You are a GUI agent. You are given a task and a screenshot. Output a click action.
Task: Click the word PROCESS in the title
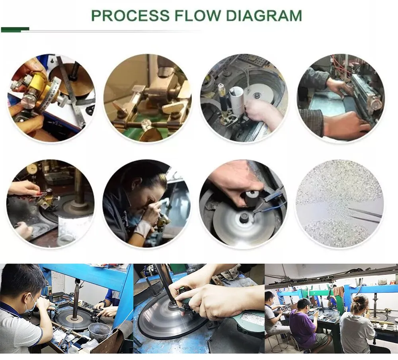click(131, 16)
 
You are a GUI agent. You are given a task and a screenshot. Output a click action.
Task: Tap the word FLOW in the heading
click(198, 16)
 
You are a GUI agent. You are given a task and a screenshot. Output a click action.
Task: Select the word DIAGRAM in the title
click(264, 16)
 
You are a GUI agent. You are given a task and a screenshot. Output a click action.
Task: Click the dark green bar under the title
click(15, 29)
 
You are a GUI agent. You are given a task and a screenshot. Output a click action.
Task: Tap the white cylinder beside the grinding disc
click(236, 99)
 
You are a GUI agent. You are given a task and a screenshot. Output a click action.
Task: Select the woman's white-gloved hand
click(142, 228)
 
